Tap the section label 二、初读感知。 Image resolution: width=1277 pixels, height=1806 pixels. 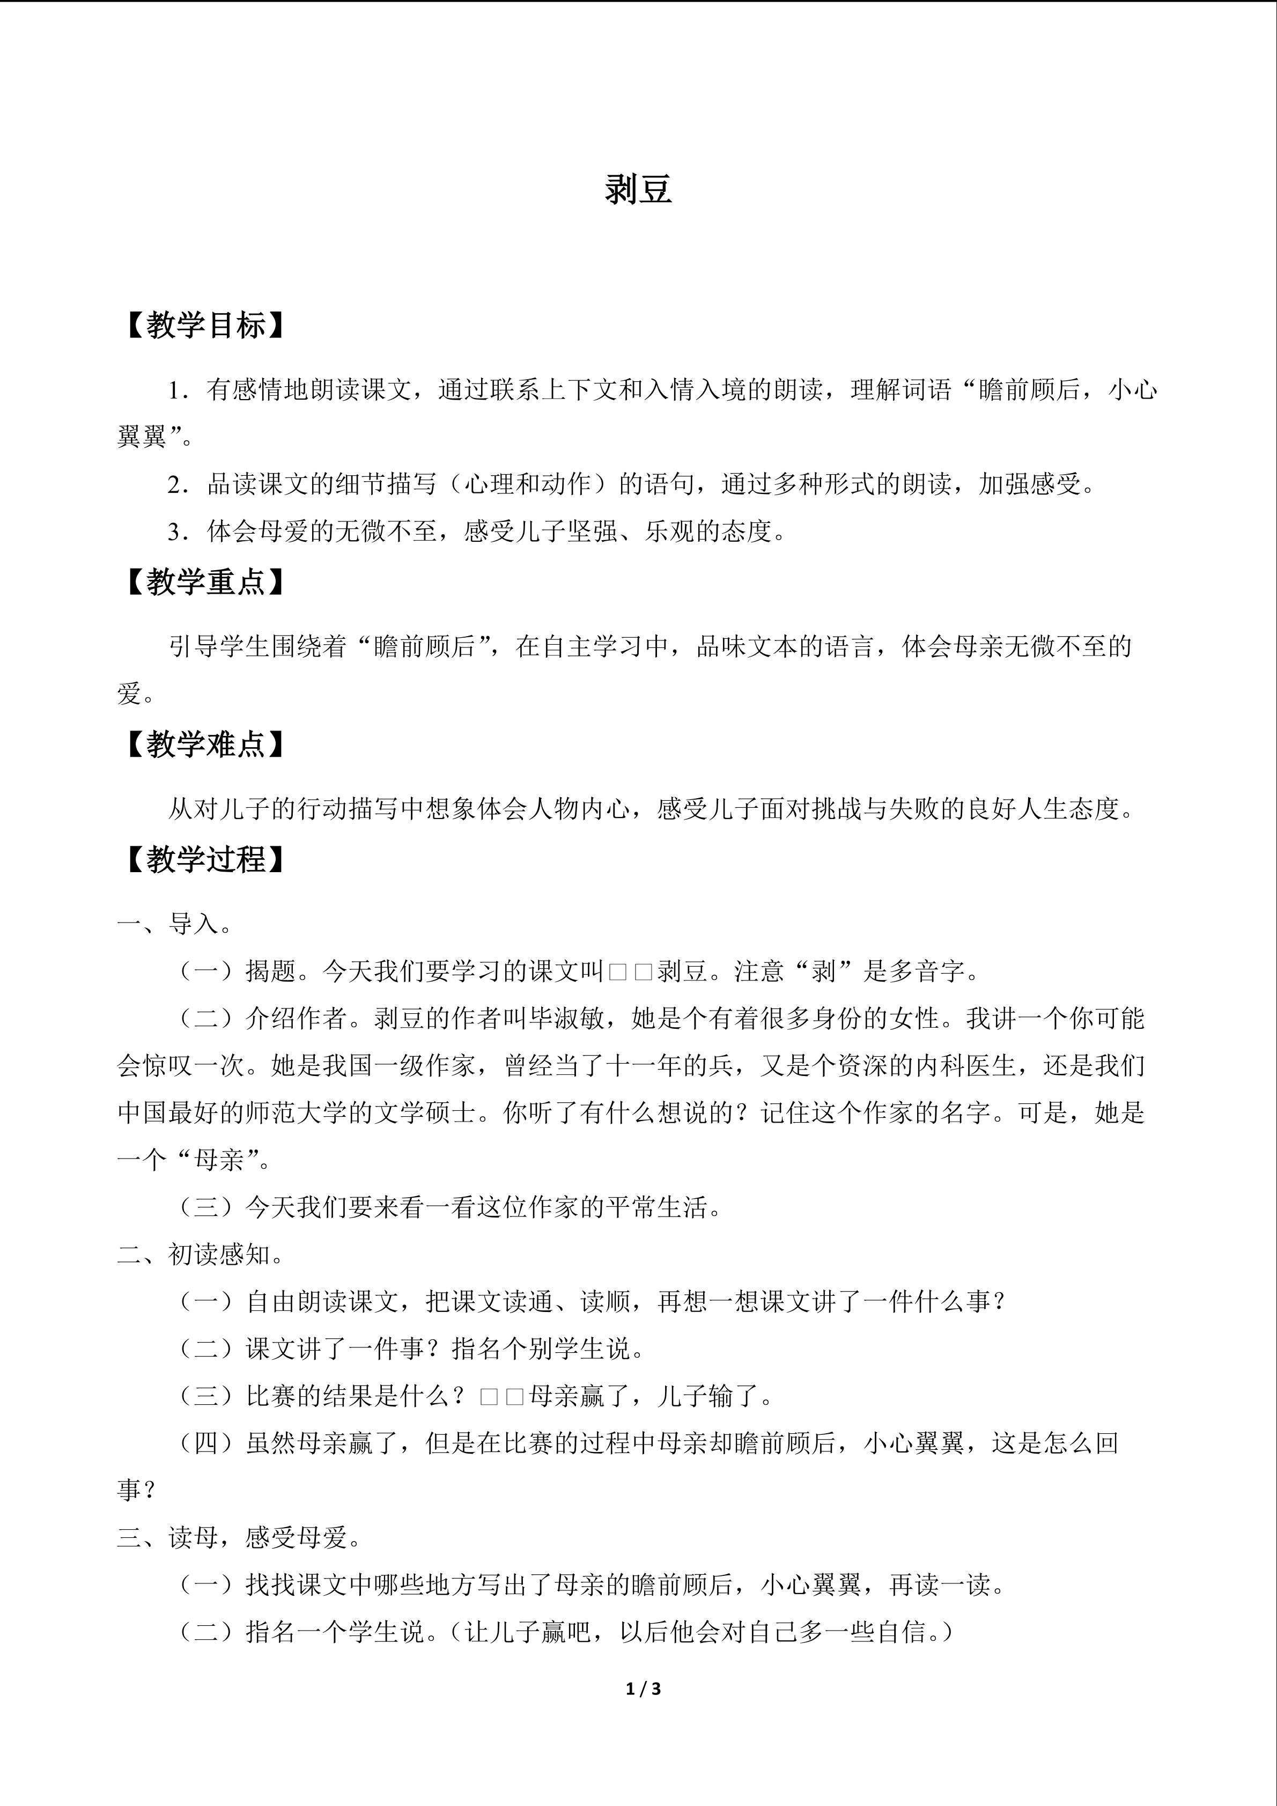201,1255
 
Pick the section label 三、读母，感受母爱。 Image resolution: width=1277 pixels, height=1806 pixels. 239,1537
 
